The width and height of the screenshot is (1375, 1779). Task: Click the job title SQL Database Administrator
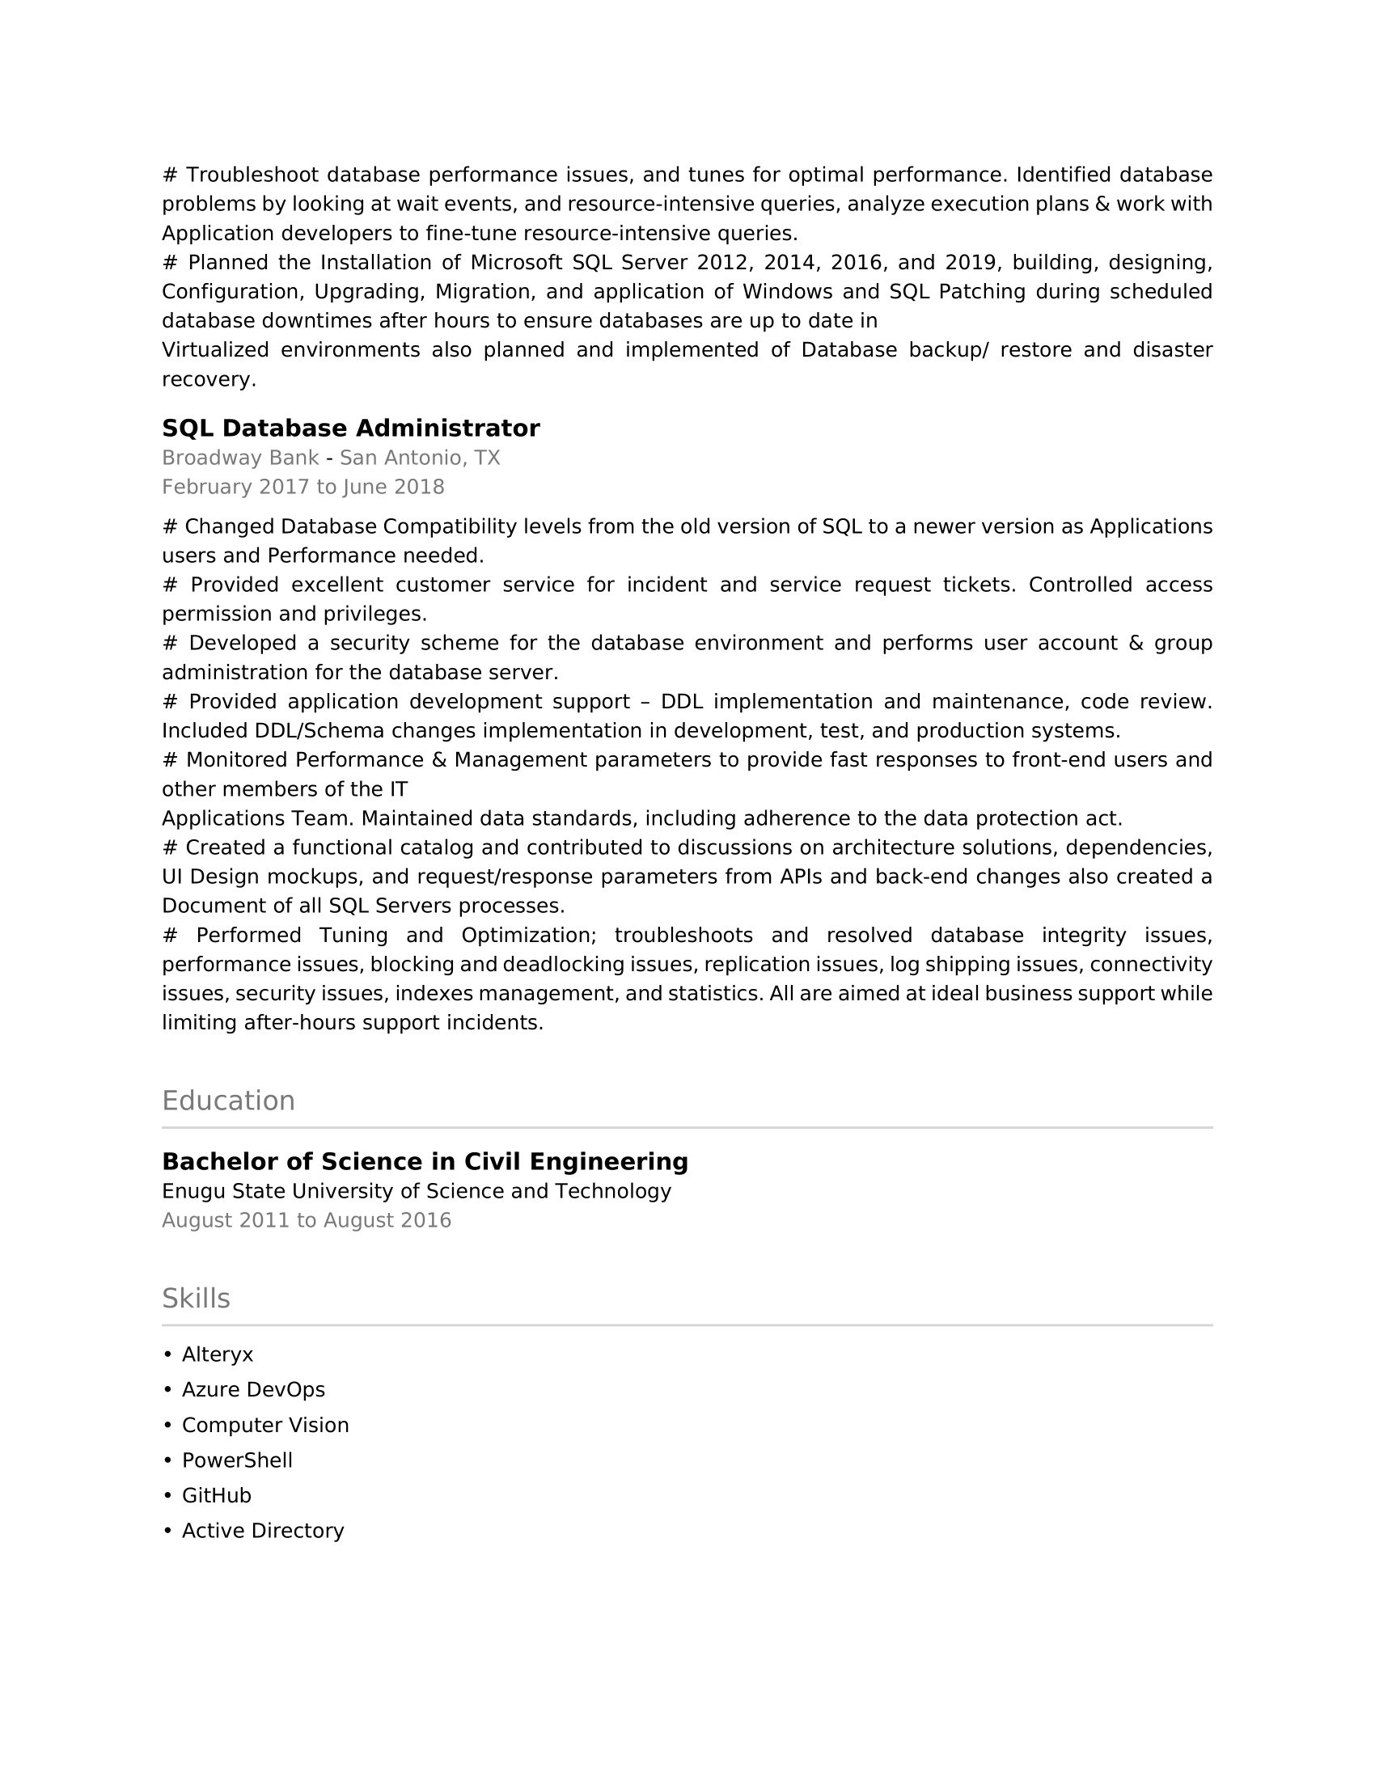click(350, 428)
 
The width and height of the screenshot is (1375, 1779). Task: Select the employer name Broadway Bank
click(240, 458)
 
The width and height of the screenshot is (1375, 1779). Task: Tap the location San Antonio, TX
click(420, 458)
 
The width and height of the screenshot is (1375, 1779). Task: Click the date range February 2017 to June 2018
click(303, 487)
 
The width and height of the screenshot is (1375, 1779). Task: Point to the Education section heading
click(228, 1101)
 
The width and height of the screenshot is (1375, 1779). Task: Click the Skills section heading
click(196, 1299)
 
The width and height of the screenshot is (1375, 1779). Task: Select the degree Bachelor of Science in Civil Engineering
click(425, 1161)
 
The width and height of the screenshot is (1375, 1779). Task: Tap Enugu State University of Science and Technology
click(417, 1191)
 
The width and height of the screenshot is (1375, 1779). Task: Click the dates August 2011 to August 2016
click(307, 1220)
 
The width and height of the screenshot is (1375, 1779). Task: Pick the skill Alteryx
click(218, 1354)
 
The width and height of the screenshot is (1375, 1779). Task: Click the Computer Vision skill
click(264, 1425)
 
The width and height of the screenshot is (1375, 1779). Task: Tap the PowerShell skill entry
click(237, 1460)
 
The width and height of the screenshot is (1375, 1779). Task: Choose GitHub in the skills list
click(217, 1495)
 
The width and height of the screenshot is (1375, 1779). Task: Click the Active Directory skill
click(262, 1531)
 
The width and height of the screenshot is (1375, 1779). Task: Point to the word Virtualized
click(215, 350)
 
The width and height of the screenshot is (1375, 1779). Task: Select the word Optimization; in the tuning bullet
click(529, 935)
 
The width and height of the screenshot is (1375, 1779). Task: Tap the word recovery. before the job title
click(209, 379)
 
